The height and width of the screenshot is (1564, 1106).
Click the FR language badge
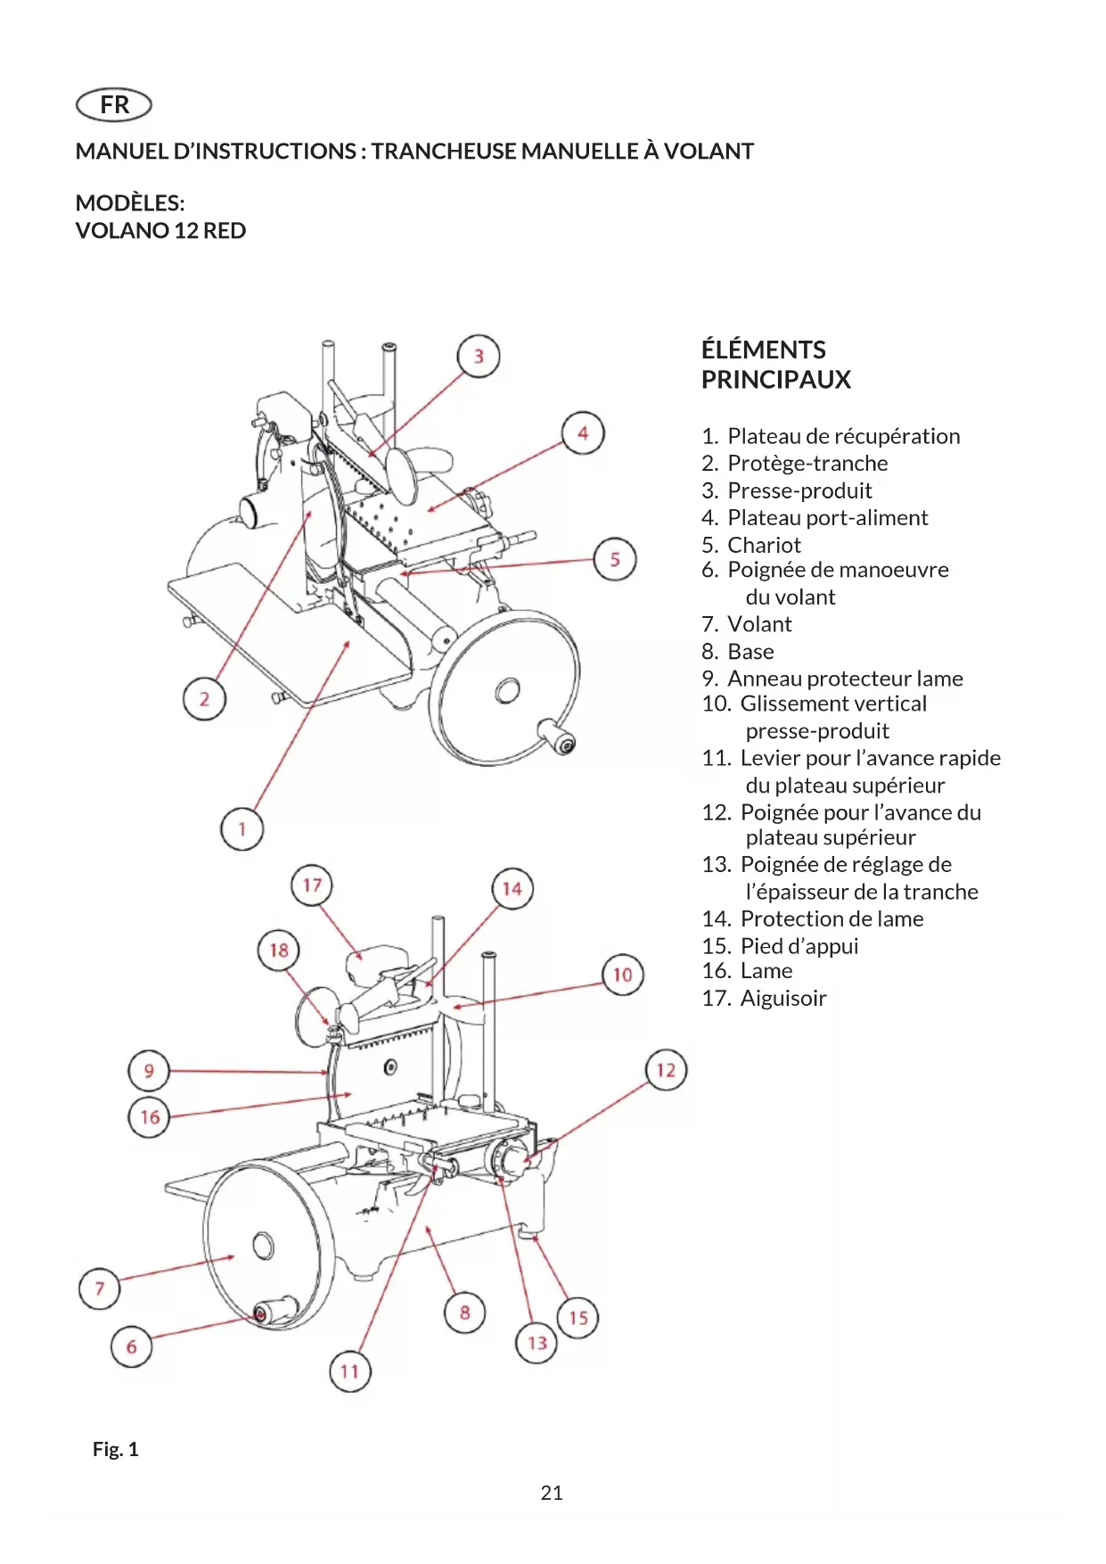coord(114,105)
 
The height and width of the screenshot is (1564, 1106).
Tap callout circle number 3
coord(479,357)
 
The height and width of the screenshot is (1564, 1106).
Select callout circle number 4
coord(583,433)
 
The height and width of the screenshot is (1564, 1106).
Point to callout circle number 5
coord(615,559)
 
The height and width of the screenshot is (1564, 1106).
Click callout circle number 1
coord(242,829)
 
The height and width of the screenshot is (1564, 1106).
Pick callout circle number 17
coord(312,885)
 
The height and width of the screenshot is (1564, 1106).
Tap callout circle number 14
coord(512,889)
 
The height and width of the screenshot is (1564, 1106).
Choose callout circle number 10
coord(622,975)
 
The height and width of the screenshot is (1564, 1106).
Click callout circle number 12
coord(666,1070)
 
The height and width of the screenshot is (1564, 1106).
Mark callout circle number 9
coord(149,1071)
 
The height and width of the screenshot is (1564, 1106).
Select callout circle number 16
coord(149,1117)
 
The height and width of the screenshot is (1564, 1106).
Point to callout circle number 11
coord(349,1371)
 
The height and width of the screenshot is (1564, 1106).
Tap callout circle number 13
coord(537,1343)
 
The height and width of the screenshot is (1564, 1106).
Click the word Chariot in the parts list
coord(764,545)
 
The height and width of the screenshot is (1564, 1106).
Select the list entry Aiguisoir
coord(782,998)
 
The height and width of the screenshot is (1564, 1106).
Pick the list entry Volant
coord(758,624)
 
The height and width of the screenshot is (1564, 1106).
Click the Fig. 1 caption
coord(116,1449)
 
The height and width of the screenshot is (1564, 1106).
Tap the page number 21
coord(552,1493)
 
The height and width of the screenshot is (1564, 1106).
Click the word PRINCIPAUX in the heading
coord(775,380)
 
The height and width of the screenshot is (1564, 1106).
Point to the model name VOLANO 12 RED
coord(160,231)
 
